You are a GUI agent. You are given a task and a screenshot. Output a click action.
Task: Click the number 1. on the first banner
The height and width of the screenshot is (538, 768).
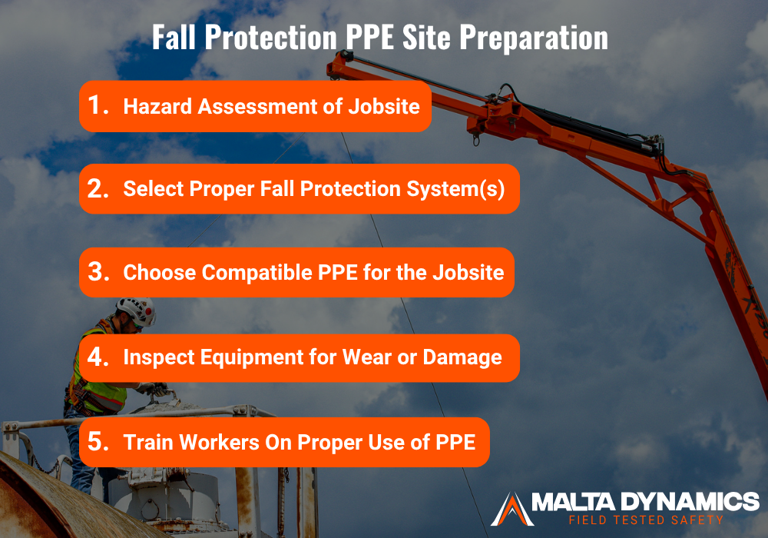98,105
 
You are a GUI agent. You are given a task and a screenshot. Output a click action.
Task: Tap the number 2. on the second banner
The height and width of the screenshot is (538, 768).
98,188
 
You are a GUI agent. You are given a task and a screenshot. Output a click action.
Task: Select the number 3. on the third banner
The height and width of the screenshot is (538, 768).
98,272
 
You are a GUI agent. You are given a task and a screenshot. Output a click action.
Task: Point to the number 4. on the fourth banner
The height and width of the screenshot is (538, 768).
98,357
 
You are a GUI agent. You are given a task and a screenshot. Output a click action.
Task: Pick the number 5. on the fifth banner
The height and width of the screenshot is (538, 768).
98,442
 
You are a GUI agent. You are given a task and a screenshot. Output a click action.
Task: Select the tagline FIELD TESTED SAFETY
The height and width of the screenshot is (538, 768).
641,520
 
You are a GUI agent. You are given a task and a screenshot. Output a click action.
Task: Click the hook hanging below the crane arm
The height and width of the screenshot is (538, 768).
476,139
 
